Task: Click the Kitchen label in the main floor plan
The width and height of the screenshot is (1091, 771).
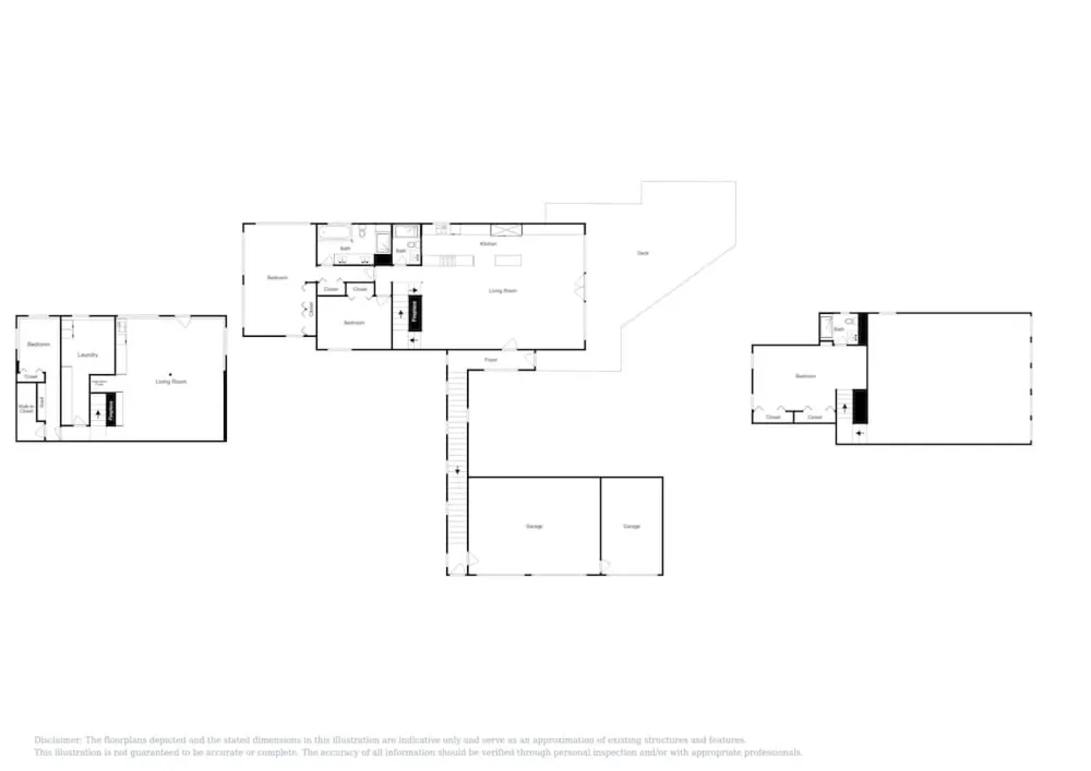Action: pos(488,244)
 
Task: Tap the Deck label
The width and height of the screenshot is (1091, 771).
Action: pos(643,253)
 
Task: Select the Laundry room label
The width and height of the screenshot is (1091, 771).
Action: pos(88,355)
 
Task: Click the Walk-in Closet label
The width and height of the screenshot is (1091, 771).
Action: pos(26,409)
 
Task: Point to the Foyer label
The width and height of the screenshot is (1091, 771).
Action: pos(491,360)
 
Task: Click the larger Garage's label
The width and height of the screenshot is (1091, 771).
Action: pos(534,526)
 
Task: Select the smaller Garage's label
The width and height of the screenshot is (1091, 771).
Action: pos(631,526)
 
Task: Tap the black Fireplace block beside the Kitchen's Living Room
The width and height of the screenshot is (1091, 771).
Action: pos(415,313)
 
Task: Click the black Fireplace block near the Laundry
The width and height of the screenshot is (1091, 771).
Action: pos(111,410)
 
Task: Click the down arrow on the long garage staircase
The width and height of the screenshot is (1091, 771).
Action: pos(458,470)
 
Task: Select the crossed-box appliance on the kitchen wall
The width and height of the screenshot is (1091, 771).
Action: pos(506,230)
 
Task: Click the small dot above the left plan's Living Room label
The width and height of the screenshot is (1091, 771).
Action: pos(170,374)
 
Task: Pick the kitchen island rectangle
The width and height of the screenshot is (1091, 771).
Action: pos(508,261)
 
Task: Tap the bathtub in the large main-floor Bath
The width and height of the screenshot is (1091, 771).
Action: pos(335,233)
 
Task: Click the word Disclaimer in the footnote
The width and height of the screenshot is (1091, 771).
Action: pos(57,740)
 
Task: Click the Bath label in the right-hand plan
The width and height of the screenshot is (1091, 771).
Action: pos(839,329)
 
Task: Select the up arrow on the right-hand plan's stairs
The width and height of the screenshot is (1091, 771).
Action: pos(845,408)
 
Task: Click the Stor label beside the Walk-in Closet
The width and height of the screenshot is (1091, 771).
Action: pos(41,402)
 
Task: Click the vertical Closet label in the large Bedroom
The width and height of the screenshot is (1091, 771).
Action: pos(311,309)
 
